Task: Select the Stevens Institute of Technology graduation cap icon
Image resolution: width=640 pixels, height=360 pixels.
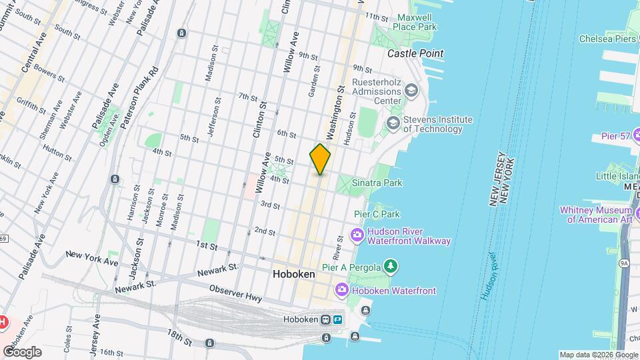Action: point(392,122)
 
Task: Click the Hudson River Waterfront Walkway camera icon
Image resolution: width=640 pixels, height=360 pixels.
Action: point(357,234)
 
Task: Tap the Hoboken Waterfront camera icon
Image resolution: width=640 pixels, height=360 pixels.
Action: point(342,290)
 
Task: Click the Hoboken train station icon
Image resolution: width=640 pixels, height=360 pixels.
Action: point(327,319)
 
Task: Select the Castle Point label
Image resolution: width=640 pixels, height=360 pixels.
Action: point(415,53)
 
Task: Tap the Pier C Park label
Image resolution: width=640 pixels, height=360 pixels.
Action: point(377,214)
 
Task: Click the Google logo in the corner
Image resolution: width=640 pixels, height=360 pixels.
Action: point(22,351)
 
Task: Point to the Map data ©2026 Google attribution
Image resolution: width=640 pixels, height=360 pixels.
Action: point(598,355)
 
